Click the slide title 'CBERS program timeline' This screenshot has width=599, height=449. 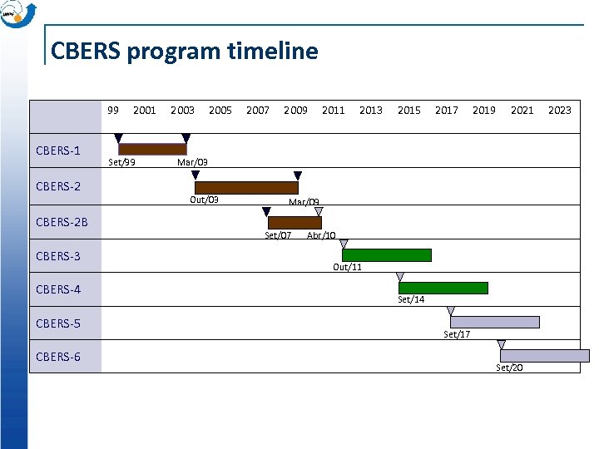[x=184, y=52]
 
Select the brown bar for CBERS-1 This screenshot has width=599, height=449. [x=152, y=150]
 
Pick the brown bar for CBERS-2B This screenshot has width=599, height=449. [x=295, y=223]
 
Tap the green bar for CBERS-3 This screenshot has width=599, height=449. [x=387, y=255]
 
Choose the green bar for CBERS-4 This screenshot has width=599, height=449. [x=443, y=289]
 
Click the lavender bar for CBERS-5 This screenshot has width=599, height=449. [x=495, y=322]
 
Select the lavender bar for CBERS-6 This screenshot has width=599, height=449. [x=544, y=356]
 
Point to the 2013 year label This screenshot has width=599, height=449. [x=370, y=110]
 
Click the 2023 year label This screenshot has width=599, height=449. [x=559, y=110]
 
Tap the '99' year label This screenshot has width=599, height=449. [x=113, y=110]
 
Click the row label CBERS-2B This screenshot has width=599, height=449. [x=63, y=221]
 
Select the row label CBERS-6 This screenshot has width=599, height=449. [x=58, y=357]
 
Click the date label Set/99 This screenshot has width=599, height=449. [x=122, y=162]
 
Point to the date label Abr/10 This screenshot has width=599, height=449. [x=321, y=235]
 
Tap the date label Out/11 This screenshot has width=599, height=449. [x=347, y=267]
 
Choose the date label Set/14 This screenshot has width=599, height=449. [x=411, y=299]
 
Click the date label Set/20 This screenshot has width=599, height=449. [x=509, y=368]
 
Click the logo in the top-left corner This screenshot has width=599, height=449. [x=18, y=13]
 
